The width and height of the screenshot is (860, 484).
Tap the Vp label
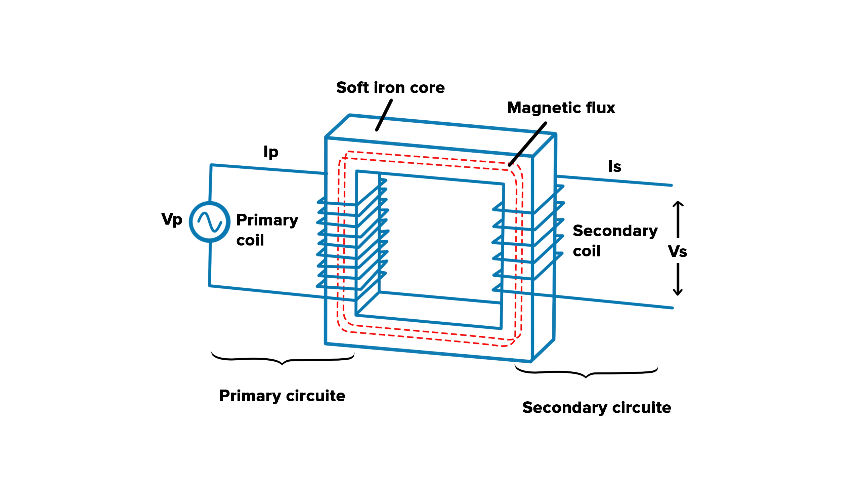(172, 220)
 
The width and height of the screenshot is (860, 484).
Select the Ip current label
(271, 152)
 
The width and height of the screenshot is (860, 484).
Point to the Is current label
(615, 167)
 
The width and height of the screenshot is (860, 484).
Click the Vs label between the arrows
(678, 251)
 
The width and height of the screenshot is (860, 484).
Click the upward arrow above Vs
(678, 219)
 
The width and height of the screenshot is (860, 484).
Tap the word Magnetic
(544, 108)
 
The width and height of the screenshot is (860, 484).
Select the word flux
(601, 108)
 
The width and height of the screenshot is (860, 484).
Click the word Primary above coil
(267, 220)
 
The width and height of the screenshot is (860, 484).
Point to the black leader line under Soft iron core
(384, 115)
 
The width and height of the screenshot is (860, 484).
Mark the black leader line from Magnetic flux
(527, 144)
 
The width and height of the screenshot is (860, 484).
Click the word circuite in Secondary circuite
(642, 407)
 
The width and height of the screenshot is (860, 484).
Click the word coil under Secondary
(587, 251)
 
